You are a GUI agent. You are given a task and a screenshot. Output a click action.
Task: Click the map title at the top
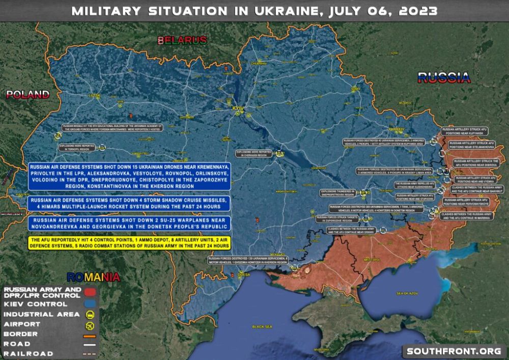pyautogui.click(x=254, y=11)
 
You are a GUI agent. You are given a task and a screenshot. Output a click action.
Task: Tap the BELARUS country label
pyautogui.click(x=182, y=40)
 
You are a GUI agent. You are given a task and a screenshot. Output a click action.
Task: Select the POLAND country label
pyautogui.click(x=28, y=94)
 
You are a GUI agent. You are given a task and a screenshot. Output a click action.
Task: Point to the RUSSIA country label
pyautogui.click(x=443, y=77)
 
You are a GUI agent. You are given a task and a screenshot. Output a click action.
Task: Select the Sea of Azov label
pyautogui.click(x=407, y=294)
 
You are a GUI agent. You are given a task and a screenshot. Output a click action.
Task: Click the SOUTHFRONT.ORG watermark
pyautogui.click(x=453, y=351)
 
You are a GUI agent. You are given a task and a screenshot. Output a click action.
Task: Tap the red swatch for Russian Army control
pyautogui.click(x=90, y=292)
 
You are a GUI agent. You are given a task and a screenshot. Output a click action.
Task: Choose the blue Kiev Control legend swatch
pyautogui.click(x=90, y=304)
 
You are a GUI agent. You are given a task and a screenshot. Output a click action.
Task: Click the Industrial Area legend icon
pyautogui.click(x=90, y=314)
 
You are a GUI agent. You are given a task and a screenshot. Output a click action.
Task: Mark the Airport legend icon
pyautogui.click(x=90, y=324)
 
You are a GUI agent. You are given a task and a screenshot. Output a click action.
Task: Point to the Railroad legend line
pyautogui.click(x=90, y=353)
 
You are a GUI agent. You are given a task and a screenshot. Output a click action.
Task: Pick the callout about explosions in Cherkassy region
pyautogui.click(x=253, y=153)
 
